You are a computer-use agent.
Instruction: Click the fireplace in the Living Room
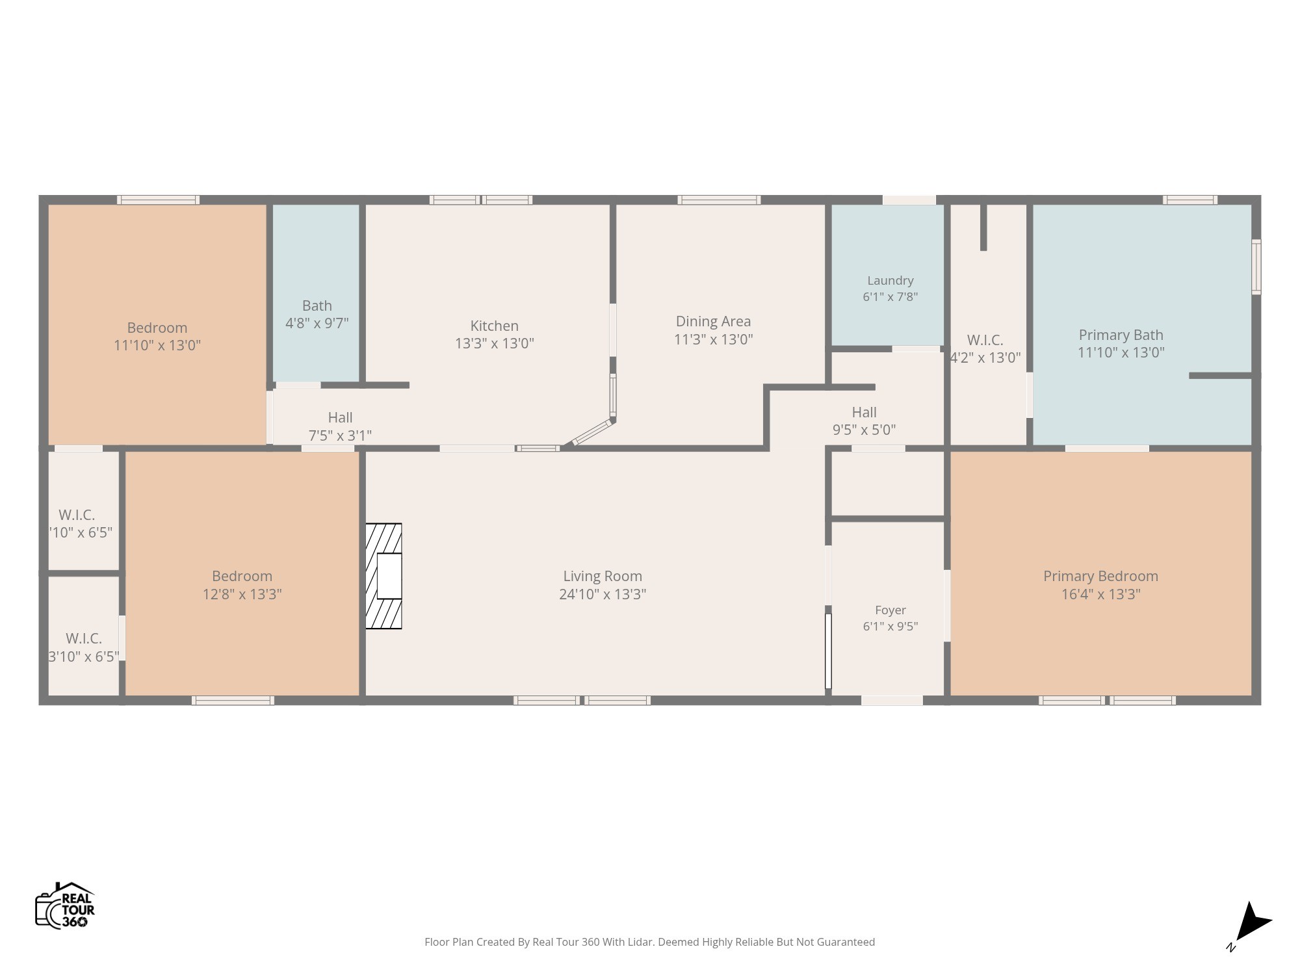383,576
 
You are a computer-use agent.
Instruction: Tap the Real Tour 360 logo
65,905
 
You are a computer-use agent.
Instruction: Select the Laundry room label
890,281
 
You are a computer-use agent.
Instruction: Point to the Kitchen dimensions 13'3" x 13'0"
494,343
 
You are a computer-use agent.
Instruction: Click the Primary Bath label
1121,335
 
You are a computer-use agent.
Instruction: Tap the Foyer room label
890,610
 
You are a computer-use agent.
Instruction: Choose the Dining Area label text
713,321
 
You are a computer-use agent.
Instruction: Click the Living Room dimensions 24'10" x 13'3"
603,594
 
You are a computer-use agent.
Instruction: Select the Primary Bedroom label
1100,576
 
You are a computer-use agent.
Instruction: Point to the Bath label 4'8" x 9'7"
317,314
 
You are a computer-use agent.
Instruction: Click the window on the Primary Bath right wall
1256,266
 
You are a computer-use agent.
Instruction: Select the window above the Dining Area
719,200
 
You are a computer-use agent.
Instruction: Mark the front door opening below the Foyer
892,700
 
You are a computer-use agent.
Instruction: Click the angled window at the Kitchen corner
592,432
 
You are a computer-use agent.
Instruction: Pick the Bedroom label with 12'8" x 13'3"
242,585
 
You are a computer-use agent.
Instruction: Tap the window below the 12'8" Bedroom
233,700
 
